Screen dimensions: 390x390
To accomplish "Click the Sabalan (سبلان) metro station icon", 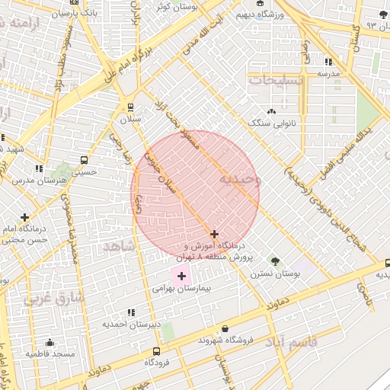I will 131,107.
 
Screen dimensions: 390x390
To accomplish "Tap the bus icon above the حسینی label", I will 83,161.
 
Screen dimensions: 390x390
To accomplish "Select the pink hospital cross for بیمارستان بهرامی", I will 181,276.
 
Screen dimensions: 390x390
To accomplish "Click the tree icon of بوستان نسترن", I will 275,261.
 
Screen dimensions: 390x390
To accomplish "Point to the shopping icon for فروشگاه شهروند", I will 203,328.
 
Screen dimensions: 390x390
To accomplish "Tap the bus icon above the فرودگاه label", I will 156,351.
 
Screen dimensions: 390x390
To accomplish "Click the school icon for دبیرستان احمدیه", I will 132,312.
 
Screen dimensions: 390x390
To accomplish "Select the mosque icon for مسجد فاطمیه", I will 50,342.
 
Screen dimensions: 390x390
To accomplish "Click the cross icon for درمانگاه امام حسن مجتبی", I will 25,217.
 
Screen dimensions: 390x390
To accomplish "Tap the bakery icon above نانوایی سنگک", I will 272,110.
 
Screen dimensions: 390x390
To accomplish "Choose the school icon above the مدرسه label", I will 328,62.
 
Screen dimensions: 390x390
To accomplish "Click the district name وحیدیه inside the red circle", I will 239,179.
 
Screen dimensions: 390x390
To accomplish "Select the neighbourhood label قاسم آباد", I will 288,343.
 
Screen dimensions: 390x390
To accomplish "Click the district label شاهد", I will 117,247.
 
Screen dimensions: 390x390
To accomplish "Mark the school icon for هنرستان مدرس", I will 38,168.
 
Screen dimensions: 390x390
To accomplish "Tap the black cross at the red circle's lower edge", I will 214,234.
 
